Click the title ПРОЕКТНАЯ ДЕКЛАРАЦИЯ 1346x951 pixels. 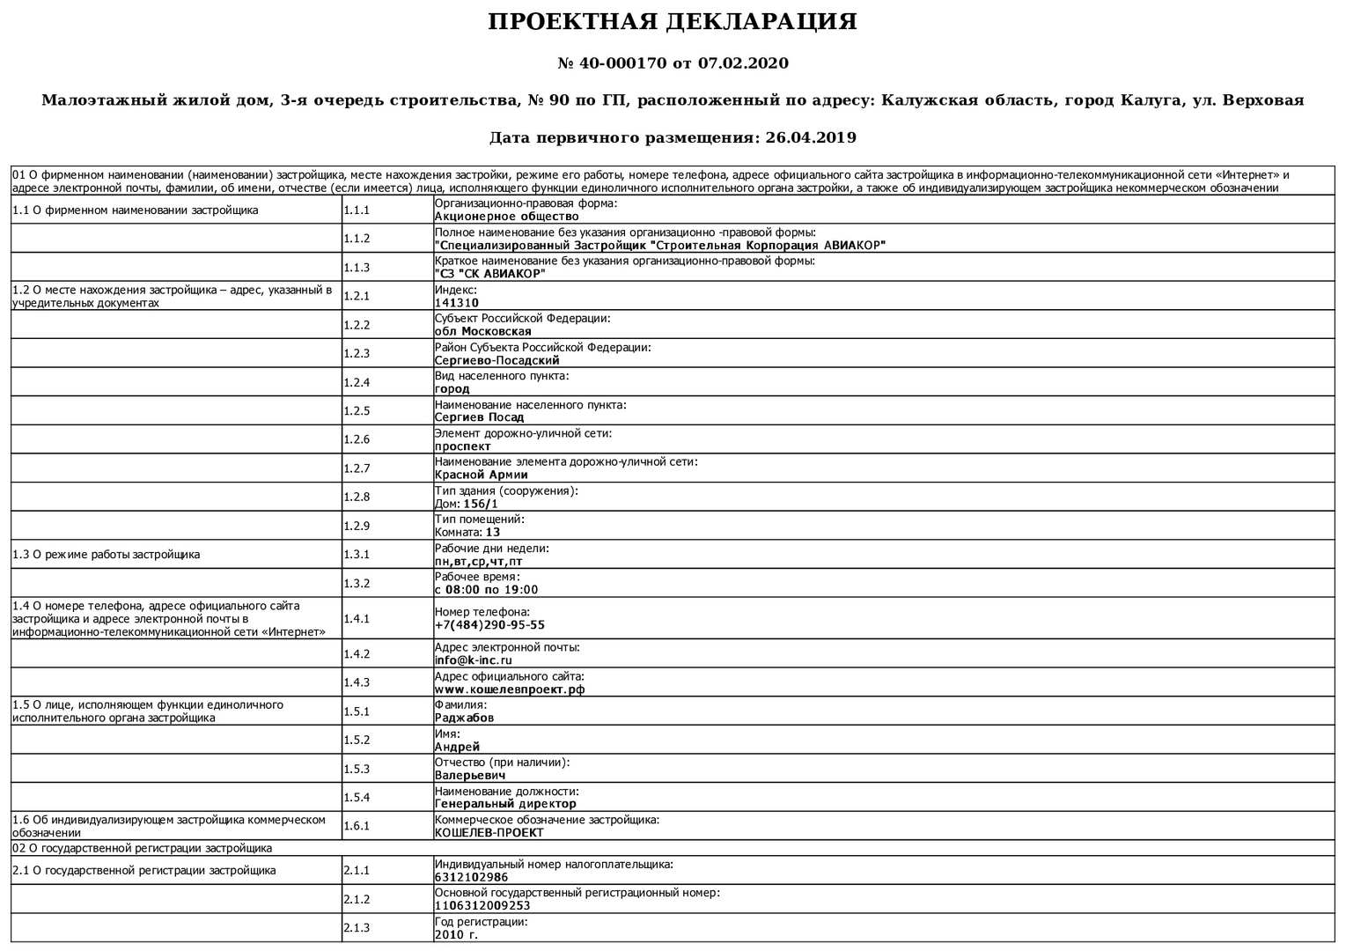[x=673, y=22]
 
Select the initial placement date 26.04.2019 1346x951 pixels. [x=811, y=137]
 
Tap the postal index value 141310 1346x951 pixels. [x=457, y=303]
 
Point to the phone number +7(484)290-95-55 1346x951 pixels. [x=489, y=625]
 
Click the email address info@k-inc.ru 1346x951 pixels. [x=474, y=660]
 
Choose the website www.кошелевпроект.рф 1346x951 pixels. [x=510, y=689]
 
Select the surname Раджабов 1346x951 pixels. [x=464, y=718]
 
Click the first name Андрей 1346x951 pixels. [x=457, y=747]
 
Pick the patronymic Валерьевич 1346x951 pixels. [x=470, y=776]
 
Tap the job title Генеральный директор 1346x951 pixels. [x=505, y=804]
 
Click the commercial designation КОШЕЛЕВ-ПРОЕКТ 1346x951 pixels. [x=489, y=833]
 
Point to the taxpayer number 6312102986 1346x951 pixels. [x=471, y=877]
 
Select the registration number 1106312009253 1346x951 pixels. [x=482, y=905]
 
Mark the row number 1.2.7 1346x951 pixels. [x=357, y=468]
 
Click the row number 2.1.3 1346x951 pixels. [x=357, y=928]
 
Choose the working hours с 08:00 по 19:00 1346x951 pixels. [x=486, y=590]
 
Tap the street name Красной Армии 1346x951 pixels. [x=481, y=475]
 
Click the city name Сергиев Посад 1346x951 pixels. [x=479, y=417]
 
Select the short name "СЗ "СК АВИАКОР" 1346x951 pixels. [x=489, y=274]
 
